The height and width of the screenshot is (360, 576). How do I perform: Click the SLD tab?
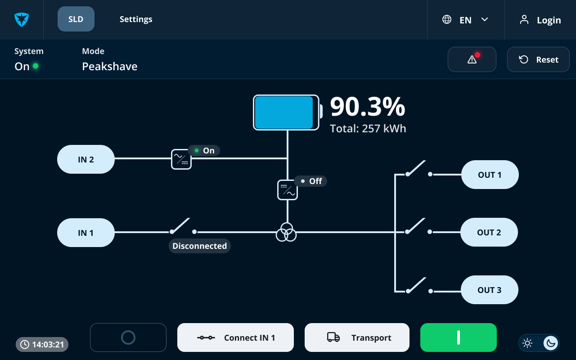pos(76,19)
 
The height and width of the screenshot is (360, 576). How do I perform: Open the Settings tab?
pos(136,19)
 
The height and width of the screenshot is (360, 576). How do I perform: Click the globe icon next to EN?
pos(447,19)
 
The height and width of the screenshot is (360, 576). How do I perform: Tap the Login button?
pos(540,20)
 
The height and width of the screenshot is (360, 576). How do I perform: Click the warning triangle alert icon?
pos(472,60)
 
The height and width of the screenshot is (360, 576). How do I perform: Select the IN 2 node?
pos(86,159)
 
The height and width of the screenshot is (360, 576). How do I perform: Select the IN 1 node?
pos(86,233)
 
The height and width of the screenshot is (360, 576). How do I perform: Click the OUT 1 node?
pos(490,175)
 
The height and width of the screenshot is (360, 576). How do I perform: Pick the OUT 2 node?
pos(489,233)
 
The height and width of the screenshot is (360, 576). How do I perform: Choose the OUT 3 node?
pos(490,290)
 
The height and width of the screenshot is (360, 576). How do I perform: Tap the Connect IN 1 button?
pos(235,337)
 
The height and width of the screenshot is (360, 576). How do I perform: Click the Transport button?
pos(357,337)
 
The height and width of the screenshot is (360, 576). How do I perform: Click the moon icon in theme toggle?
pos(550,343)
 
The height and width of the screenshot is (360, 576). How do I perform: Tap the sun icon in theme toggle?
pos(527,343)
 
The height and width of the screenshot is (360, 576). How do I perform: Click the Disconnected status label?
pos(199,246)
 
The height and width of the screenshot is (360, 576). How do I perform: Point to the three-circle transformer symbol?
pos(286,232)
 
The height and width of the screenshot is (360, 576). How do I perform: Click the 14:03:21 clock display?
pos(42,344)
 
